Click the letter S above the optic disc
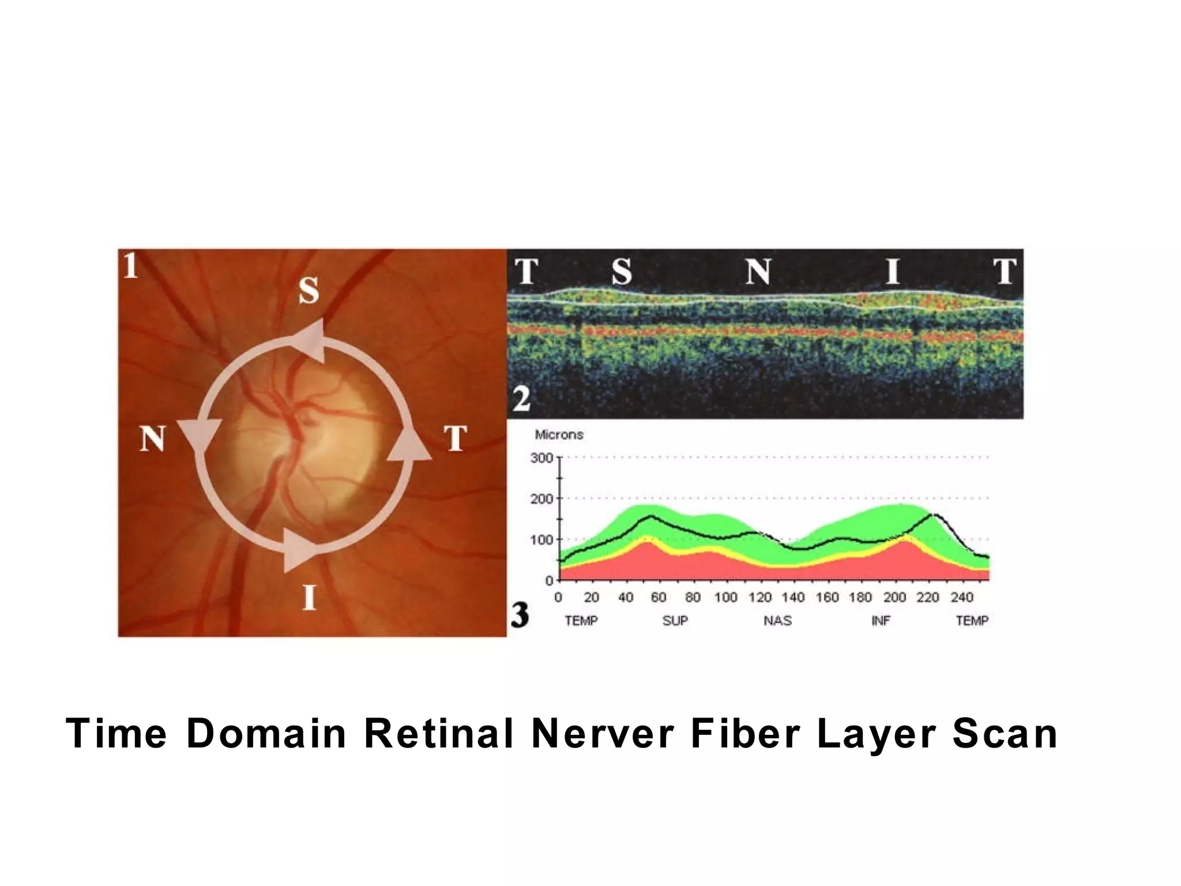pyautogui.click(x=309, y=290)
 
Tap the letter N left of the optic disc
pyautogui.click(x=152, y=440)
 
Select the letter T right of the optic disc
pyautogui.click(x=455, y=440)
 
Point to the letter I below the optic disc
pyautogui.click(x=310, y=597)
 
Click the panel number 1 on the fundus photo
pyautogui.click(x=131, y=266)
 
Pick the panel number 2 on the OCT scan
pyautogui.click(x=521, y=399)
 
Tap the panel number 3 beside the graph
pyautogui.click(x=520, y=615)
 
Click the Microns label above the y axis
pyautogui.click(x=559, y=435)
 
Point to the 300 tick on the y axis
pyautogui.click(x=541, y=458)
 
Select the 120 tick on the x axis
pyautogui.click(x=759, y=598)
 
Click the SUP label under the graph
pyautogui.click(x=675, y=621)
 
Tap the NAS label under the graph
pyautogui.click(x=777, y=621)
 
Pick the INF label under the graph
pyautogui.click(x=881, y=621)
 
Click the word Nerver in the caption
pyautogui.click(x=603, y=734)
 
